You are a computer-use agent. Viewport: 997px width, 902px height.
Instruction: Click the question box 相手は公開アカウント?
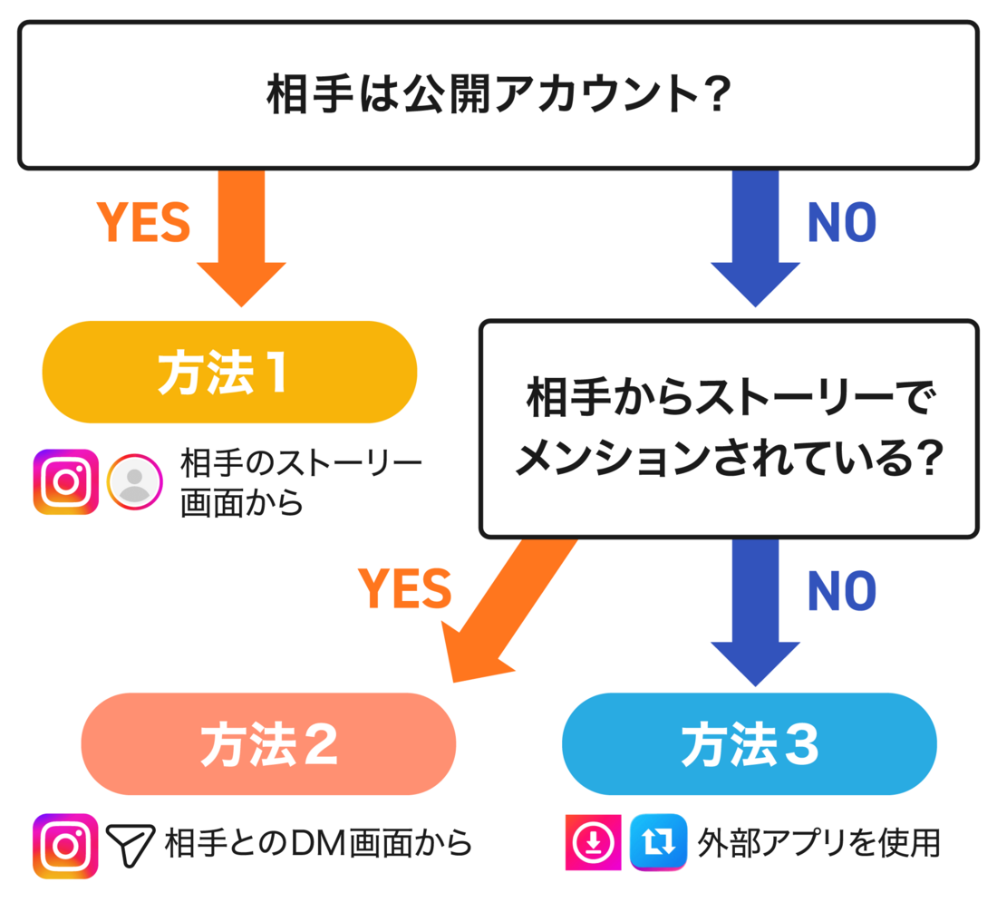coord(498,95)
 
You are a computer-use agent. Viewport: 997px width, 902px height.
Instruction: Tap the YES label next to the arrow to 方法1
coord(143,222)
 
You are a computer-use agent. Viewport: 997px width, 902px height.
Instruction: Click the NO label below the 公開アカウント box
coord(841,222)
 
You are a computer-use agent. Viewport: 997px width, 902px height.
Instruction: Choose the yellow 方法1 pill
coord(229,373)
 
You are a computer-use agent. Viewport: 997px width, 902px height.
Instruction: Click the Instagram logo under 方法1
coord(65,482)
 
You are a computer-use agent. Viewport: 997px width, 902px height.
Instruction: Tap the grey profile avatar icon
coord(135,481)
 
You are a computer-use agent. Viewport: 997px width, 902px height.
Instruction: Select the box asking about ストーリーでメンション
coord(729,429)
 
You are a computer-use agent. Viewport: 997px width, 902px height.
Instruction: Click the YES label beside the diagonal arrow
coord(404,590)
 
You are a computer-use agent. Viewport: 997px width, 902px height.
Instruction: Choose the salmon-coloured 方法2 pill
coord(268,744)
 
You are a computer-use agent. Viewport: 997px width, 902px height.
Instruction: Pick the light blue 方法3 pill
coord(749,744)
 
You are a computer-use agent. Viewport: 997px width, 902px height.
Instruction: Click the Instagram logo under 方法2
coord(65,845)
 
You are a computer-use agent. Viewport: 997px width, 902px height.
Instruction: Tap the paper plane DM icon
coord(131,845)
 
